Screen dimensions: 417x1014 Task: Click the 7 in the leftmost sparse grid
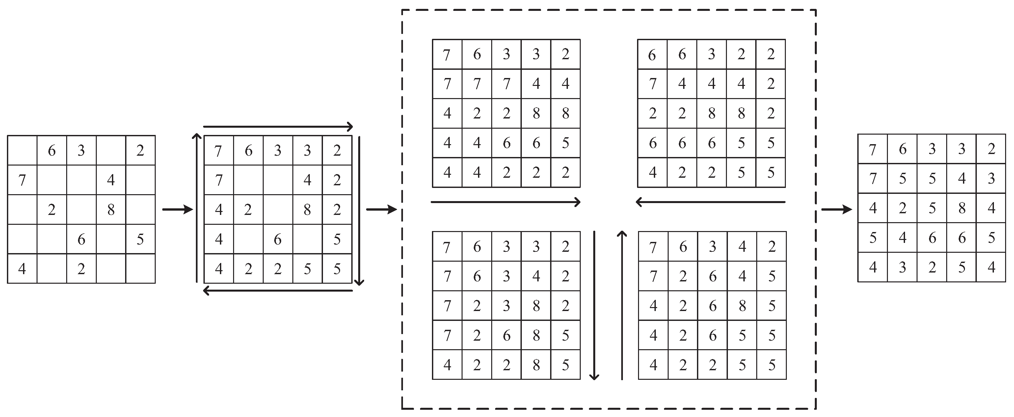click(22, 180)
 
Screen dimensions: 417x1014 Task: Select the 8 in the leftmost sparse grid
click(111, 210)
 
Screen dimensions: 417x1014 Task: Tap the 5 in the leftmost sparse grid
click(140, 239)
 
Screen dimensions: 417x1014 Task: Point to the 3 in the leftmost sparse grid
click(81, 150)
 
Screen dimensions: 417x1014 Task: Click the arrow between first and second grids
click(177, 210)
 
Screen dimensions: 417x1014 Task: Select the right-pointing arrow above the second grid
click(278, 127)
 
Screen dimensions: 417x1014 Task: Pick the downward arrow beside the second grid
click(359, 210)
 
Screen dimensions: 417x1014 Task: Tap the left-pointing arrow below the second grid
click(278, 291)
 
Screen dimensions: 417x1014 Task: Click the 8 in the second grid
click(307, 210)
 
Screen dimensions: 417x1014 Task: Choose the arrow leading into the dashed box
click(381, 210)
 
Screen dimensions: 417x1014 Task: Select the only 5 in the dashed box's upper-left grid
click(565, 143)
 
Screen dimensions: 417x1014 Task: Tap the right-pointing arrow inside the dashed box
click(506, 202)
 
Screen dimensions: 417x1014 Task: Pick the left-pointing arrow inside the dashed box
click(710, 202)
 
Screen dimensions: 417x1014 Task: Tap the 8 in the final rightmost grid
click(962, 208)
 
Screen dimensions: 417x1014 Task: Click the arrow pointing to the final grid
click(837, 210)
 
